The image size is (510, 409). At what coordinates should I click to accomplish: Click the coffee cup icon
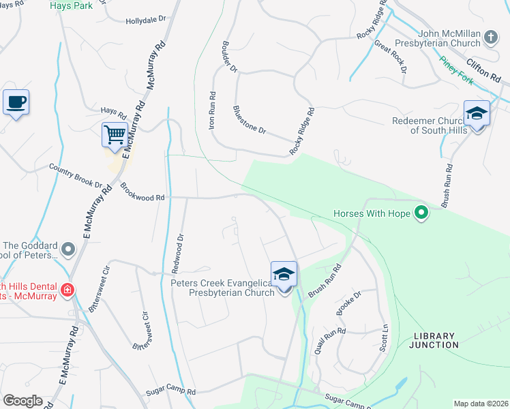point(16,103)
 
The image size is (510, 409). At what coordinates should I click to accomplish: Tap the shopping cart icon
point(115,134)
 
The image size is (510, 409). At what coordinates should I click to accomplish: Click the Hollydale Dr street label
point(147,21)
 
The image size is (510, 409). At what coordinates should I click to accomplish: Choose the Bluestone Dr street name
point(249,120)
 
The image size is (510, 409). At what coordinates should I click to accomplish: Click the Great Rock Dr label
point(391,57)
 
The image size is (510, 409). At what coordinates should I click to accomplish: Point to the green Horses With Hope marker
point(421,213)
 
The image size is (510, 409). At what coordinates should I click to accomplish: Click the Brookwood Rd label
point(142,192)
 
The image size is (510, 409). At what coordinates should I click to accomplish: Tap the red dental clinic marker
point(67,290)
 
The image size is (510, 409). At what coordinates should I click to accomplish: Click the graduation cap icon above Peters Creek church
point(284,275)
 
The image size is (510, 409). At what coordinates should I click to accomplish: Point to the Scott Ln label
point(384,337)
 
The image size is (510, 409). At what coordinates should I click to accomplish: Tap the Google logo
point(22,401)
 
